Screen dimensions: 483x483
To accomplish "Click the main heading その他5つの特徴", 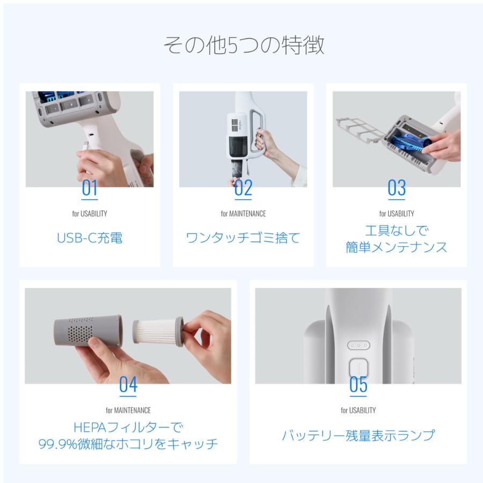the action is pyautogui.click(x=244, y=45).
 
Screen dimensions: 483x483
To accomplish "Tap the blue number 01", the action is pyautogui.click(x=89, y=188).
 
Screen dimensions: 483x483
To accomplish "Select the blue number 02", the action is pyautogui.click(x=243, y=188).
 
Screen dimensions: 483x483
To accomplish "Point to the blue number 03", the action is pyautogui.click(x=397, y=188).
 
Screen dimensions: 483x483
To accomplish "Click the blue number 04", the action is pyautogui.click(x=128, y=384).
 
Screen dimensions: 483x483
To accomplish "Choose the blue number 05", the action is pyautogui.click(x=358, y=384).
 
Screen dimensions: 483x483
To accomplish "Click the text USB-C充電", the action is pyautogui.click(x=90, y=238).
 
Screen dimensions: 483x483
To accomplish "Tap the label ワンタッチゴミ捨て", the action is pyautogui.click(x=243, y=238).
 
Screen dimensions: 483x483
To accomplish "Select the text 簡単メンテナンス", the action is pyautogui.click(x=397, y=247).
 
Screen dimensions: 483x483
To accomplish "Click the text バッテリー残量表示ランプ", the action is pyautogui.click(x=358, y=435).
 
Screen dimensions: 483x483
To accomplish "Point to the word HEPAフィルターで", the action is pyautogui.click(x=128, y=427).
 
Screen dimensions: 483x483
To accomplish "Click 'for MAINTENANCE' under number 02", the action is pyautogui.click(x=243, y=214).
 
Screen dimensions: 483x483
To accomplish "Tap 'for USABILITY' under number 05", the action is pyautogui.click(x=358, y=411).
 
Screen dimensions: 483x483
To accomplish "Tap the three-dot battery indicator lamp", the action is pyautogui.click(x=358, y=345).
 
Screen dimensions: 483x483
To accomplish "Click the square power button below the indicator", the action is pyautogui.click(x=358, y=368).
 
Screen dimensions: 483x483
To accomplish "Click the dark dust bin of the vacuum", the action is pyautogui.click(x=238, y=149).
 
